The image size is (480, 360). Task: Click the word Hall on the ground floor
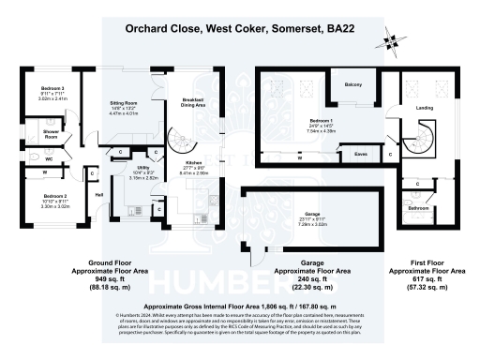click(x=99, y=194)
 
